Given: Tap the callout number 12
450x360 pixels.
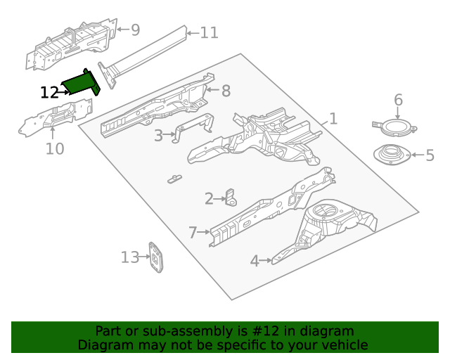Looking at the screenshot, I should (49, 92).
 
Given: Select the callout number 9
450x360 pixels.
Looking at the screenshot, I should (135, 30).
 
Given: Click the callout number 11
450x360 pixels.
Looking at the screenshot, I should (210, 32).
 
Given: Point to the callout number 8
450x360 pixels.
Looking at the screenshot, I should (225, 91).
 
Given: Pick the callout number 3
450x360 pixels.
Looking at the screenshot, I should (158, 135).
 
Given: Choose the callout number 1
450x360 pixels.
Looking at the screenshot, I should (333, 119).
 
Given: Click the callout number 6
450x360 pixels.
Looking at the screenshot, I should (398, 100).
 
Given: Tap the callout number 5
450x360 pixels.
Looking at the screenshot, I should (430, 155).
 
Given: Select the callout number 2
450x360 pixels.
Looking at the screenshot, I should (209, 199).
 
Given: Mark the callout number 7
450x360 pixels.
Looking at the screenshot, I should (193, 231).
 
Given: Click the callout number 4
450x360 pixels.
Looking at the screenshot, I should (255, 261).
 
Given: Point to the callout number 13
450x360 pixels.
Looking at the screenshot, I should (130, 257).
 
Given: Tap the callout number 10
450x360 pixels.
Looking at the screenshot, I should (55, 148).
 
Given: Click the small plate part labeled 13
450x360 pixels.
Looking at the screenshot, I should (155, 257).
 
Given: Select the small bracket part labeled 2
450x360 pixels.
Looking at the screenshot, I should (230, 198).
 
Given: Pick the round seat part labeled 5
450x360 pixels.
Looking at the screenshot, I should (392, 155).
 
